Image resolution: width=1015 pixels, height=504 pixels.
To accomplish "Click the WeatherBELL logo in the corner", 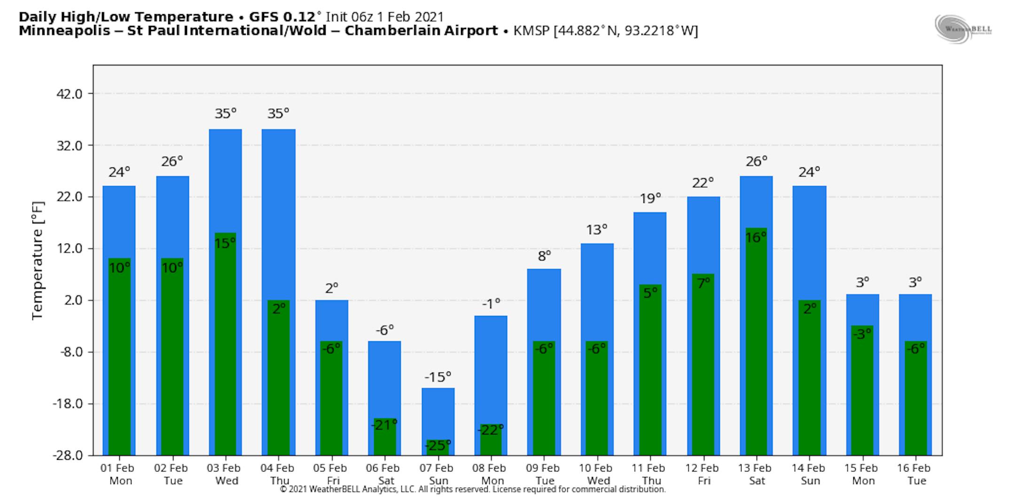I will click(963, 29).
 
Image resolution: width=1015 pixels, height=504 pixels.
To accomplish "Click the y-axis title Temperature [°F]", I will click(38, 261).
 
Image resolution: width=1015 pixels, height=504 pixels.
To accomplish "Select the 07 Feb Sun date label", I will click(437, 474).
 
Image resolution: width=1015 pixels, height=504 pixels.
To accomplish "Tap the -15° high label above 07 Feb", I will click(437, 377).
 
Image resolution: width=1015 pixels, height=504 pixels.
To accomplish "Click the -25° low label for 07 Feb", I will click(437, 445).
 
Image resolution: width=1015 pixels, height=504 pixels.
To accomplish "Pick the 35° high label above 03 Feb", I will click(226, 114).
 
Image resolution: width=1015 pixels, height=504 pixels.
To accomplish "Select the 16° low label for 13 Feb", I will click(756, 237).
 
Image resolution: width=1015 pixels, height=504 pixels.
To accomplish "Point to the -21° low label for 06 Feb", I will click(384, 425).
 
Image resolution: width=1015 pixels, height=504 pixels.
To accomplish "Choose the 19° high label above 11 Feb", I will click(650, 198).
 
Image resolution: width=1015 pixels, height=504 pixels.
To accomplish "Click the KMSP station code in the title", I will click(531, 31).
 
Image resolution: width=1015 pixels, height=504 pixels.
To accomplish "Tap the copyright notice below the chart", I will click(472, 489).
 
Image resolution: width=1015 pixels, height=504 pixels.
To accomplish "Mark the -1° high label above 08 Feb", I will click(491, 304).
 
